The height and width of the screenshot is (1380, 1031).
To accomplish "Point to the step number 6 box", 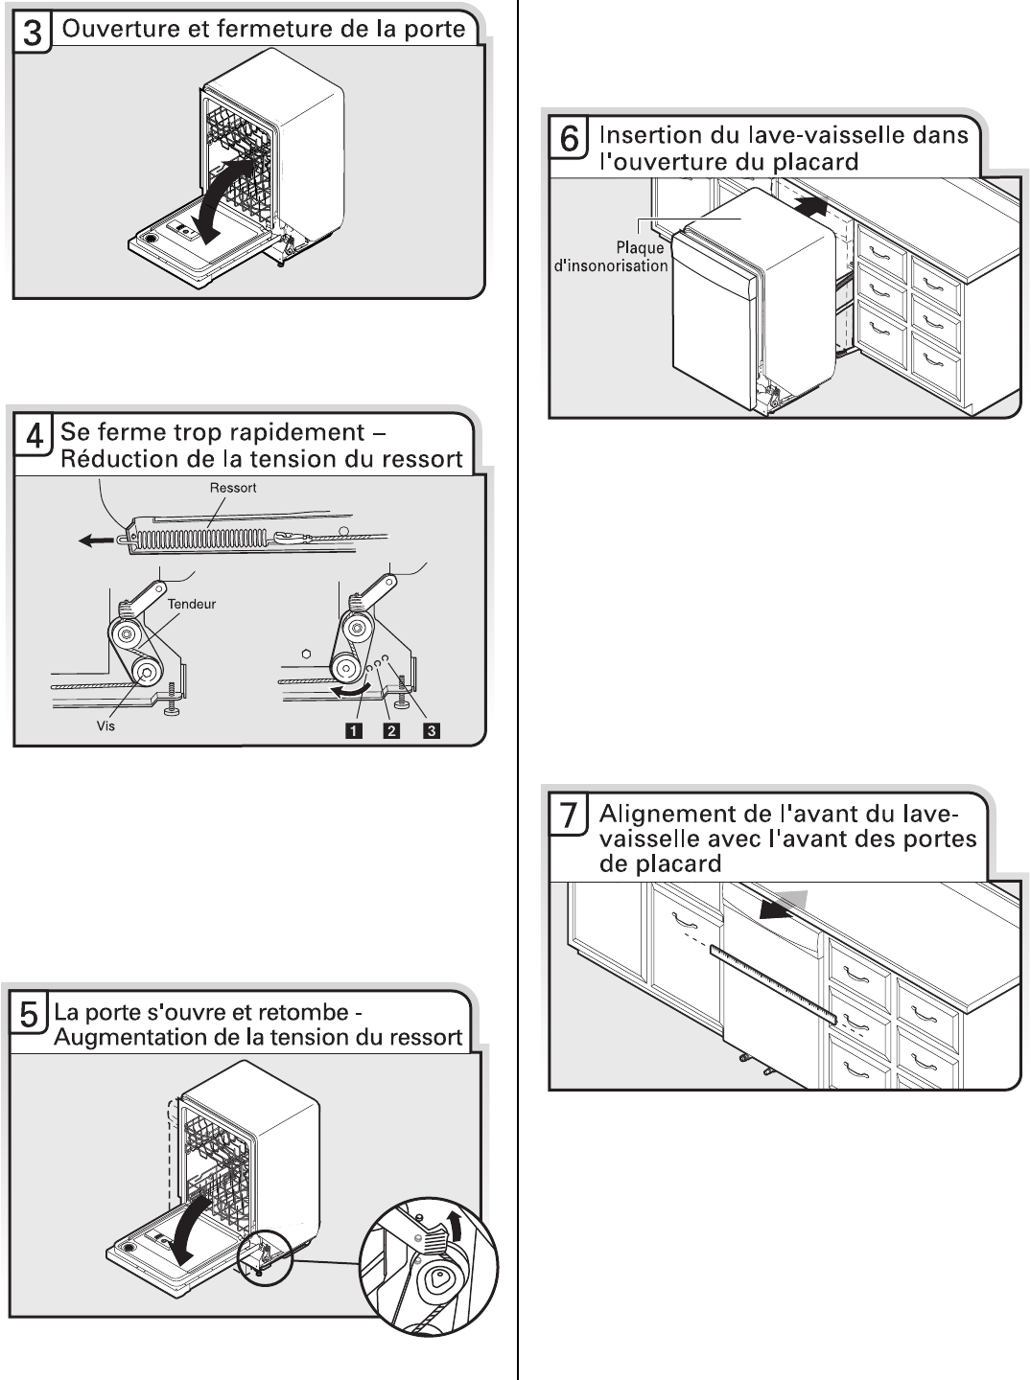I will point(570,139).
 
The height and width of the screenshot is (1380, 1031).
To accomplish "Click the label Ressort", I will point(234,488).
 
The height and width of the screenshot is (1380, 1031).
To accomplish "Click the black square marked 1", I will point(354,731).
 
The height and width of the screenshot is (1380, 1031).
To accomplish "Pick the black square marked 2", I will point(391,731).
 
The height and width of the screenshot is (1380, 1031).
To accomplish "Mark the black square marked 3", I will point(432,731).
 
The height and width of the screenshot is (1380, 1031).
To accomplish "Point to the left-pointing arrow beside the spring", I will point(96,539).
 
